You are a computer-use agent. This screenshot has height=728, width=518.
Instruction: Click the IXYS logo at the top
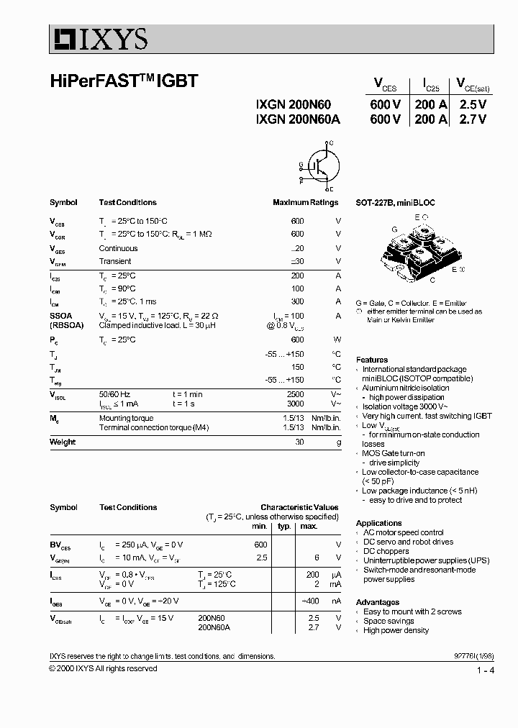coord(99,38)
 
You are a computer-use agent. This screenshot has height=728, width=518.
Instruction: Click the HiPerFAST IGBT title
coord(123,81)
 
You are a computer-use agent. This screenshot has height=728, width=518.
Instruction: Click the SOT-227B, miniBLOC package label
coord(395,203)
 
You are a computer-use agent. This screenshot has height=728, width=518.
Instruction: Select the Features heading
coord(372,360)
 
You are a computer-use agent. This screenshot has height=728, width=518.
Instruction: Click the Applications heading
coord(378,523)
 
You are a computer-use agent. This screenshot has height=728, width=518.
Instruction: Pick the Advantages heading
coord(378,602)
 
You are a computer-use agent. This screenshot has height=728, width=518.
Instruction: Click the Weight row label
coord(63,442)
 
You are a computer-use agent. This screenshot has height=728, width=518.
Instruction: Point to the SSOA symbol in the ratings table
coord(60,315)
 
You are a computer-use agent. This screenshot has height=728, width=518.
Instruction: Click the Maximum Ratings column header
coord(305,203)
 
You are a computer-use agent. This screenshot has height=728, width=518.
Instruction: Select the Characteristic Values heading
coord(299,507)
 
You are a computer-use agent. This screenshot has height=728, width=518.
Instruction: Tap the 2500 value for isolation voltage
coord(295,394)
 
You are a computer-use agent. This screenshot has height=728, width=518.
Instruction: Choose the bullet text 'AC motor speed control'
coord(403,532)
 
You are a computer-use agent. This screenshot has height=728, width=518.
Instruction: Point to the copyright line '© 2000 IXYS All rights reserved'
coord(103,668)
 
